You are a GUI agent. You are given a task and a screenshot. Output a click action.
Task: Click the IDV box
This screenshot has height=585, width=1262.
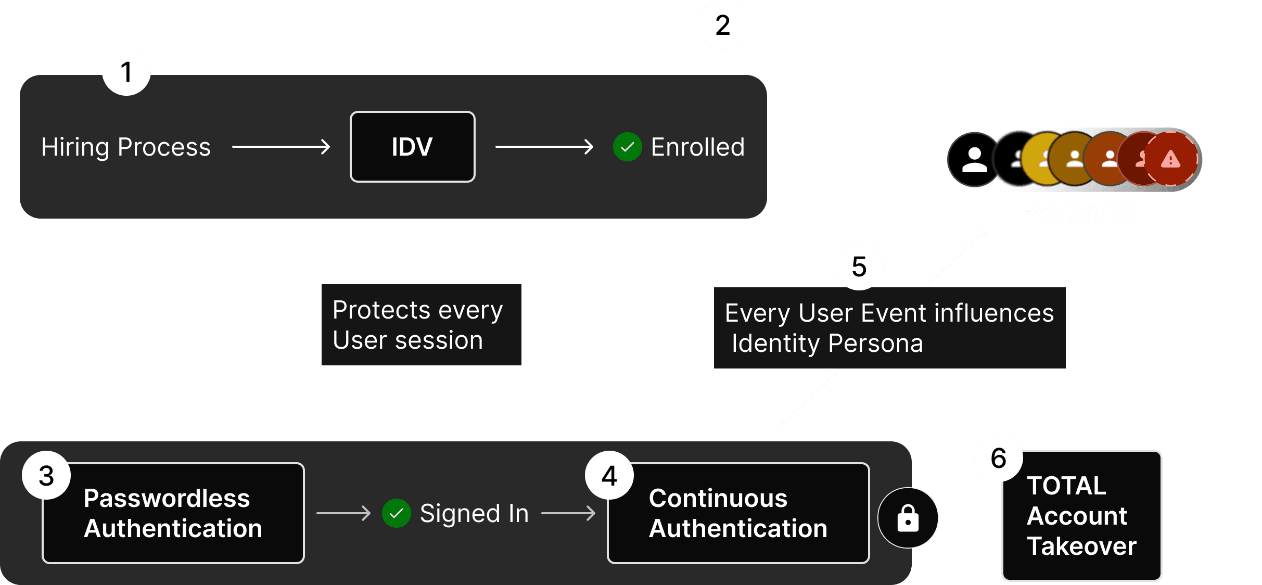click(412, 147)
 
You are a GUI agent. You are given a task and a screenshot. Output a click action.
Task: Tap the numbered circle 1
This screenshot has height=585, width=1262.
click(126, 71)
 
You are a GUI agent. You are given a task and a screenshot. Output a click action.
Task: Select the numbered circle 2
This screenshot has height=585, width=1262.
click(722, 25)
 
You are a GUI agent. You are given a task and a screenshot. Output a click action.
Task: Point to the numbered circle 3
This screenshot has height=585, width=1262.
click(46, 475)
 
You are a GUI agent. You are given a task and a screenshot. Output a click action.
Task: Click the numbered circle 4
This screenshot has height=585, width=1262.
click(609, 475)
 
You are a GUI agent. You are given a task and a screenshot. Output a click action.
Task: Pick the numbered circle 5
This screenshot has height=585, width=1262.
click(859, 266)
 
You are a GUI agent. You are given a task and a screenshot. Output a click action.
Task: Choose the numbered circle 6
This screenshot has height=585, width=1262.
click(998, 457)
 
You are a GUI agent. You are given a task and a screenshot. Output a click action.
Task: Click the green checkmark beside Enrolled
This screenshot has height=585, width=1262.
click(627, 147)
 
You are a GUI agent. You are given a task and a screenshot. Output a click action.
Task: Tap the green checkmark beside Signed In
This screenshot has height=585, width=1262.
click(396, 513)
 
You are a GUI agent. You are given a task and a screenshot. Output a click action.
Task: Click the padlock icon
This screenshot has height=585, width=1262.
click(908, 518)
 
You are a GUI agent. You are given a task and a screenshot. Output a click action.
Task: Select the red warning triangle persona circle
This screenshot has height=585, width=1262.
click(1171, 159)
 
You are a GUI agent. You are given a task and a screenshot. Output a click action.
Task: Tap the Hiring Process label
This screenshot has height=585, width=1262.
click(126, 147)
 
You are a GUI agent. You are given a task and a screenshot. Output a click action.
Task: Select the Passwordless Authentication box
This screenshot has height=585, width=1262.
click(173, 513)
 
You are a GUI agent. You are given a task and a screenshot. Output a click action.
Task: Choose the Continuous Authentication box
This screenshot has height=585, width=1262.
click(738, 513)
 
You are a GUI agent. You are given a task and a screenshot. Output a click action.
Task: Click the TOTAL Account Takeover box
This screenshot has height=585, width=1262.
click(1081, 515)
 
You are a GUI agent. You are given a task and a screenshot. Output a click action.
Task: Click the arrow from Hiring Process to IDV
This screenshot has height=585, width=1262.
click(281, 147)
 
